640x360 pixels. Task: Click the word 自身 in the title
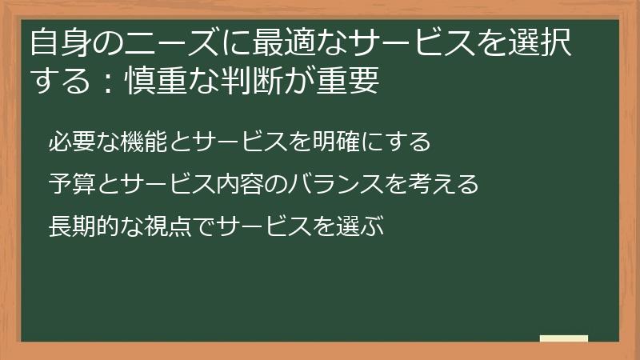click(x=55, y=43)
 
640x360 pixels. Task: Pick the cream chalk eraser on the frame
click(x=564, y=338)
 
